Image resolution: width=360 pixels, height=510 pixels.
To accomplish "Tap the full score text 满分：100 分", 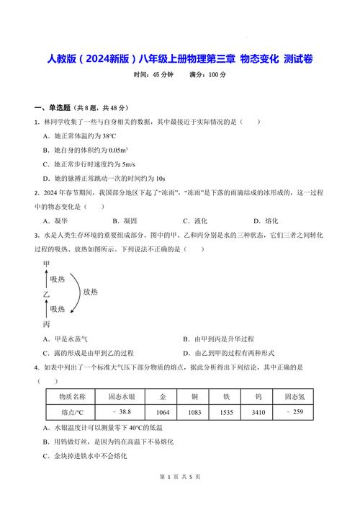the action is (x=207, y=75).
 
